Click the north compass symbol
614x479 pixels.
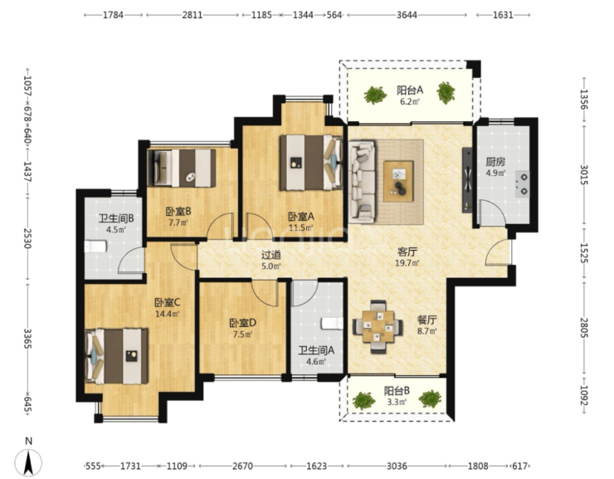point(28,462)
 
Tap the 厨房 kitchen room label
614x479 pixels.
point(495,161)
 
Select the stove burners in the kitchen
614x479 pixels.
point(522,183)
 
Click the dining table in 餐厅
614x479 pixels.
point(378,326)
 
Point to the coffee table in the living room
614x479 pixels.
point(398,181)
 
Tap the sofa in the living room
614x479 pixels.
point(362,182)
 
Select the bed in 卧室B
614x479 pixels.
point(182,168)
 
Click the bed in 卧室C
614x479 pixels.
point(117,356)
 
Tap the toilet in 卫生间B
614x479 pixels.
point(95,247)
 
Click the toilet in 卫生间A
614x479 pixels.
point(333,324)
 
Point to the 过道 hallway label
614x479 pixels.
point(271,255)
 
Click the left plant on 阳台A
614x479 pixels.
point(375,95)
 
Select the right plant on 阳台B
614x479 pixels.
point(430,398)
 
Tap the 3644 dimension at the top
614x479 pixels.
point(407,15)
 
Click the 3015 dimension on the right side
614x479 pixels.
point(583,175)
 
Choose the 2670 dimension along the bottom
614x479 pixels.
point(243,466)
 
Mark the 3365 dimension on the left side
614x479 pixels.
point(27,339)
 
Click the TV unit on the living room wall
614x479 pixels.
point(467,180)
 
